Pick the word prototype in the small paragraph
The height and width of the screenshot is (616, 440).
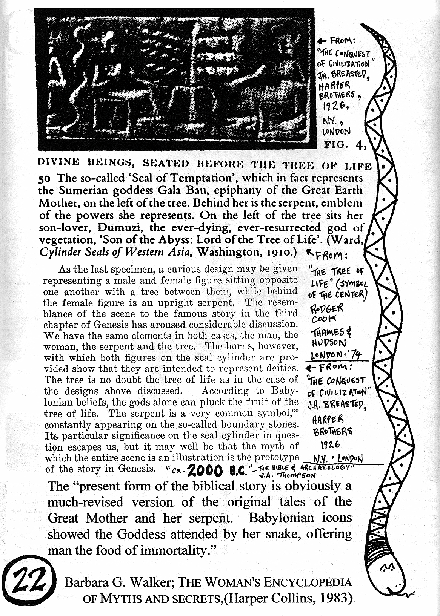tap(277, 458)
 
